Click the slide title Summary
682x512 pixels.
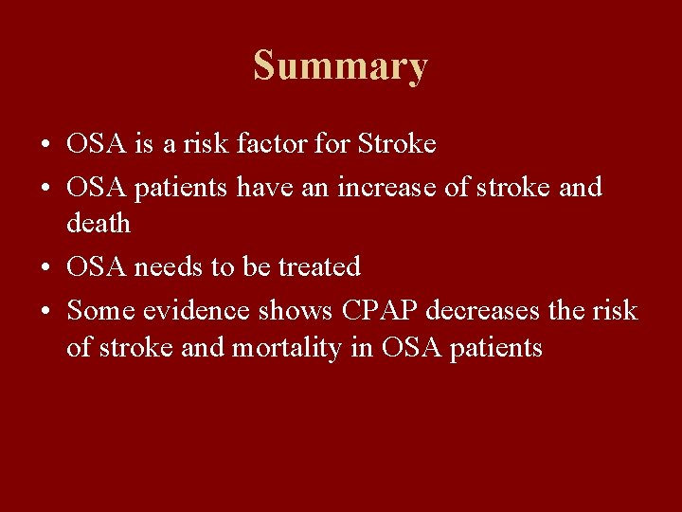pyautogui.click(x=340, y=67)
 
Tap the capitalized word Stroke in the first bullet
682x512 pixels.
pyautogui.click(x=397, y=144)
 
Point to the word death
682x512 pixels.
pyautogui.click(x=99, y=223)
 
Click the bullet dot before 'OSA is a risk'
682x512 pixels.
pyautogui.click(x=45, y=146)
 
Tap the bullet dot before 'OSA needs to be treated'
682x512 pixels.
pyautogui.click(x=45, y=268)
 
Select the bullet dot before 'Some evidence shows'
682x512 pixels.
pyautogui.click(x=45, y=311)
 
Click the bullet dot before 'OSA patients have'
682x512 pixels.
pyautogui.click(x=45, y=189)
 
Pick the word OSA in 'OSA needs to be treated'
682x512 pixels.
pyautogui.click(x=97, y=266)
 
